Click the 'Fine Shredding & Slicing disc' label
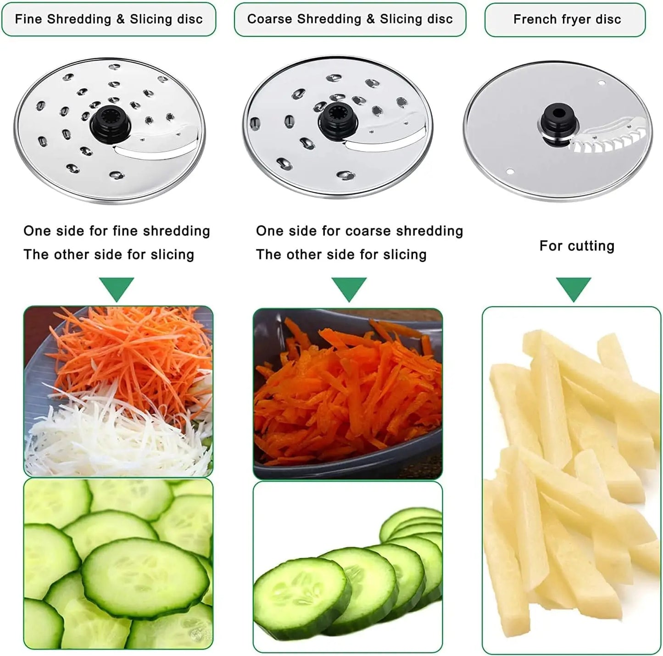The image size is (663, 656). coord(109,19)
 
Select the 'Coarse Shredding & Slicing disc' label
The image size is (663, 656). coord(350,19)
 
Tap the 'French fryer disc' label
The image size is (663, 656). coord(567,20)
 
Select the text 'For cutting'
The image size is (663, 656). coord(577,246)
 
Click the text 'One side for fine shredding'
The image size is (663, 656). coord(117,231)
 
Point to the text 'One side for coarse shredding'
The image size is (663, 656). coord(359,231)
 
